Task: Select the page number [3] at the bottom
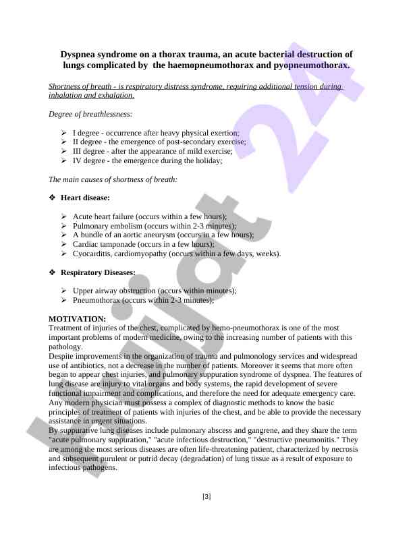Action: [206, 497]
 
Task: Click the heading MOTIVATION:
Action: [78, 319]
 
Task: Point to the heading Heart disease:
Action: [85, 198]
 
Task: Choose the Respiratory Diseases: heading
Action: [98, 272]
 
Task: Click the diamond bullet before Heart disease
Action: [53, 198]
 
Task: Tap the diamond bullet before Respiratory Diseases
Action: [53, 272]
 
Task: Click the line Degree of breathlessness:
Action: [90, 114]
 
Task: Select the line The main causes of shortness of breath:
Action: [113, 179]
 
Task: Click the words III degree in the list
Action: [86, 152]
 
